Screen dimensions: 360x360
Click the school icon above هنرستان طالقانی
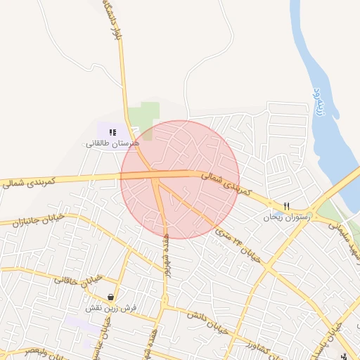(x=112, y=132)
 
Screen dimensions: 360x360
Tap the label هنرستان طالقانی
(x=113, y=143)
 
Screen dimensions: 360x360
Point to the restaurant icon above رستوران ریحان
(x=286, y=206)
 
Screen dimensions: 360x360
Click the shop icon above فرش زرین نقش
(x=111, y=297)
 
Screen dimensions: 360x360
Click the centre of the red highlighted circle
(x=180, y=179)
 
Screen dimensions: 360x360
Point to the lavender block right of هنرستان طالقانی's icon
(x=125, y=131)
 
